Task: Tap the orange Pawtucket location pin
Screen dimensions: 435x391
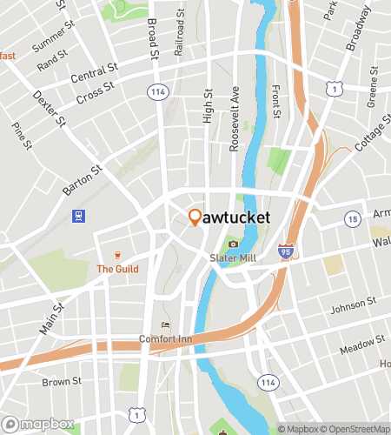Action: click(x=195, y=217)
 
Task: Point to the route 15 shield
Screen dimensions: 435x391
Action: click(x=353, y=220)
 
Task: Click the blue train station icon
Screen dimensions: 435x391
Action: click(x=79, y=216)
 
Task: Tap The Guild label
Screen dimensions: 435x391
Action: click(x=116, y=269)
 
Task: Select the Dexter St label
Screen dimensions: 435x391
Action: click(x=49, y=108)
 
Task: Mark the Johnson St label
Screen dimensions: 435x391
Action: click(x=354, y=307)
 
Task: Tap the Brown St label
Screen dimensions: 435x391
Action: click(x=62, y=381)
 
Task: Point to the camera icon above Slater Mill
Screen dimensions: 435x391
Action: click(x=232, y=244)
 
